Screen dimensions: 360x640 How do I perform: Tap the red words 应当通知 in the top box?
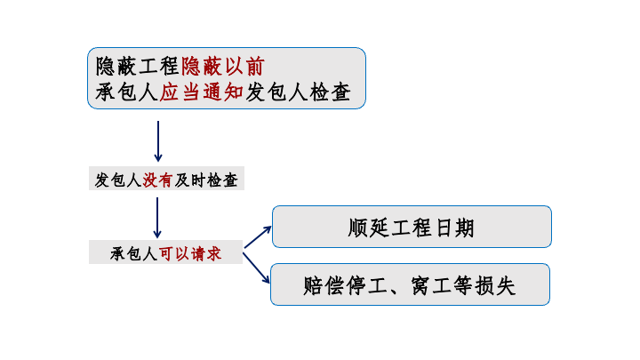(202, 92)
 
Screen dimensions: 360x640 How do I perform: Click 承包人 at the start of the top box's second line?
(127, 92)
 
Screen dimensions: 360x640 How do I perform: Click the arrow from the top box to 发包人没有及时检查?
(158, 140)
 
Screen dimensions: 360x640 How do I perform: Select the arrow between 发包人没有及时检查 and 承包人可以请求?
(158, 217)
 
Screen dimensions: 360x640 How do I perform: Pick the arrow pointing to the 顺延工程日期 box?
(257, 236)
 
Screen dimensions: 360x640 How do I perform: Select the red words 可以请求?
(189, 253)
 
